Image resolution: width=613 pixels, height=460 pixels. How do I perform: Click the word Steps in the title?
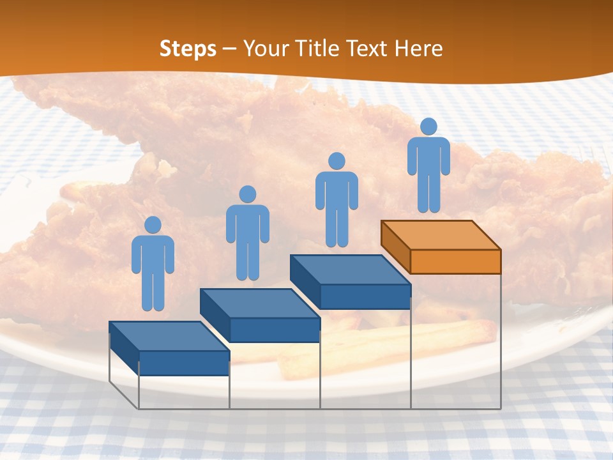[x=188, y=49]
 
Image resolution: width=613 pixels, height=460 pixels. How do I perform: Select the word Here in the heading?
[x=418, y=49]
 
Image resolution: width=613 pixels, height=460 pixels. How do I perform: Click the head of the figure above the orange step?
[x=428, y=126]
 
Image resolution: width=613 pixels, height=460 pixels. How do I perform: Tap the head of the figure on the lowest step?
[x=153, y=225]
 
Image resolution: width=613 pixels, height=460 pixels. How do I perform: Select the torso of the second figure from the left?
[x=247, y=224]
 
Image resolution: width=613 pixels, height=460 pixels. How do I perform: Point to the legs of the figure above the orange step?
[x=428, y=195]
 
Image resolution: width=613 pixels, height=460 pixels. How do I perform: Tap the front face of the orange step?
[x=455, y=261]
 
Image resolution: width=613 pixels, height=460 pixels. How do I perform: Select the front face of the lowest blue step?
[x=184, y=363]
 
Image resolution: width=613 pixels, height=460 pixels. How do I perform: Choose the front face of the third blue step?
[x=365, y=296]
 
